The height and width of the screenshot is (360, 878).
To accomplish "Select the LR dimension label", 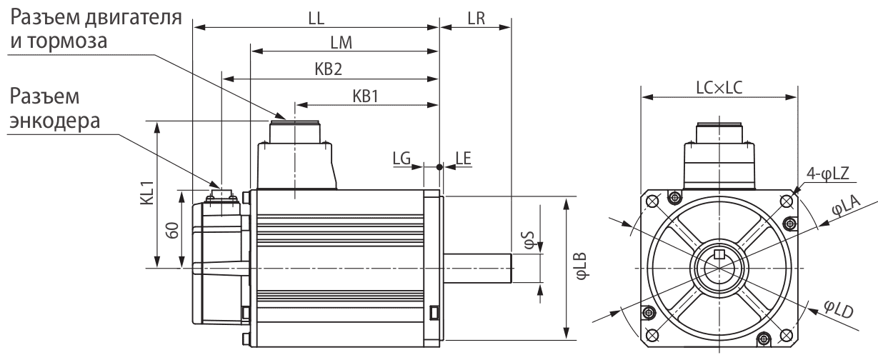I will pos(474,19).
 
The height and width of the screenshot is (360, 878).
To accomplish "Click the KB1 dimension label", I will pos(364,95).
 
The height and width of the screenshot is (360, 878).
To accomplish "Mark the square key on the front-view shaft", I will pos(719,255).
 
